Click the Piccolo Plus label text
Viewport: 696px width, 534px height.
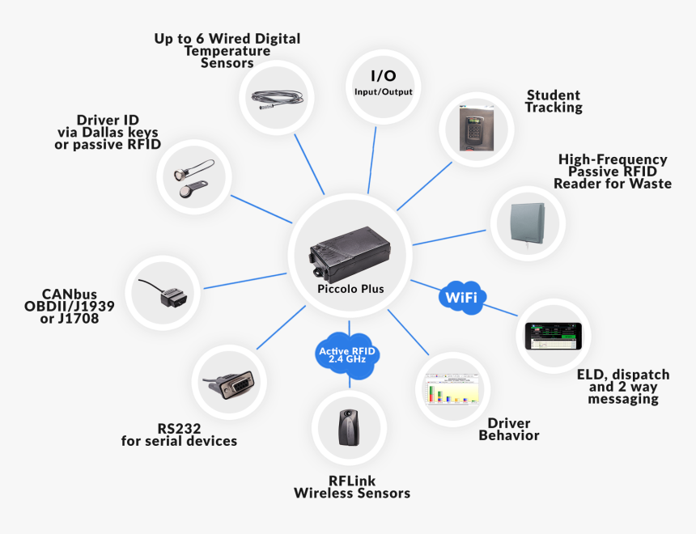point(350,289)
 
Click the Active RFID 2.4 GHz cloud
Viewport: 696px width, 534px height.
point(348,353)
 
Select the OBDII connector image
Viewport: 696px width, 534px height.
point(168,293)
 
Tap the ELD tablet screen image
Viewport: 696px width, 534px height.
point(554,335)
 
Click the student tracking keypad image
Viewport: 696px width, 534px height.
point(477,126)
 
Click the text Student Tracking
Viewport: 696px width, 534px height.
point(554,101)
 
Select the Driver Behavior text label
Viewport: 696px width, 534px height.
point(508,430)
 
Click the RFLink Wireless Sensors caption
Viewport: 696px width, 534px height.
point(352,486)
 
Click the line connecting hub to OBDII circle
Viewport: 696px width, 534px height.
point(247,280)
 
